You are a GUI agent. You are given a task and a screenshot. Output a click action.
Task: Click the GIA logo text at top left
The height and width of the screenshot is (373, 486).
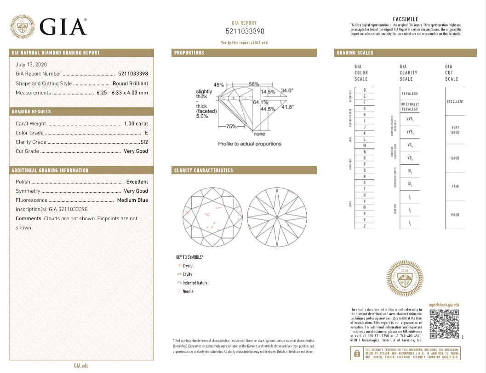pos(63,27)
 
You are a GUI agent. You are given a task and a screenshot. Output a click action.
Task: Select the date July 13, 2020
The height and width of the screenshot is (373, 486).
pos(31,65)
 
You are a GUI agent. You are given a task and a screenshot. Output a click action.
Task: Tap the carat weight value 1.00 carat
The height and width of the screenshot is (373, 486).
pos(136,123)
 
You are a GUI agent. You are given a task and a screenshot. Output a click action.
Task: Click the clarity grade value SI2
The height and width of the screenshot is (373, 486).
pos(143,142)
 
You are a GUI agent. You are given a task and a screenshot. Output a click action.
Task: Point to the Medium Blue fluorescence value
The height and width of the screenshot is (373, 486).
pos(132,200)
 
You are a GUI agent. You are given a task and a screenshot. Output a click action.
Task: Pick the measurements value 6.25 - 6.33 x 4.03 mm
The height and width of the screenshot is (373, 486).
pos(122,93)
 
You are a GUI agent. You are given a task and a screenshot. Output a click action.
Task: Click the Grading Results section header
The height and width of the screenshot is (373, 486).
pos(31,111)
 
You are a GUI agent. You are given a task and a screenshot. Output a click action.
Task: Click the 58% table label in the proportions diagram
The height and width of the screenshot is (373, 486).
pos(254,84)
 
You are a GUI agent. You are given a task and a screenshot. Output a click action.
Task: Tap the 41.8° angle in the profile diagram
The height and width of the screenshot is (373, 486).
pos(287,107)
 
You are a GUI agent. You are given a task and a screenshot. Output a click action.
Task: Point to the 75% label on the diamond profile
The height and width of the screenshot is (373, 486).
pos(231,126)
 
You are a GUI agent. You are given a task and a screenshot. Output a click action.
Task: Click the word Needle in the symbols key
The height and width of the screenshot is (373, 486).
pos(188,291)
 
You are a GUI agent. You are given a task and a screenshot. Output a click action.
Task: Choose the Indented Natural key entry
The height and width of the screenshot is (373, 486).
pos(195,283)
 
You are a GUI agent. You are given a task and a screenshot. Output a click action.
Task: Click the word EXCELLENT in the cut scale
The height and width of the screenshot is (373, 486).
pos(455,101)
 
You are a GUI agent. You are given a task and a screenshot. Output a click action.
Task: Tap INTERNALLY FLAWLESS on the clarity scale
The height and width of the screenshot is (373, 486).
pos(409,106)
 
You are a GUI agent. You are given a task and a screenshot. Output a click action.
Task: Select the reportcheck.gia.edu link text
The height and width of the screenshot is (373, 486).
pos(444,305)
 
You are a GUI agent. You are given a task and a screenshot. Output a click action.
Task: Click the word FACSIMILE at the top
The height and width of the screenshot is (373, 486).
pos(405,19)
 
